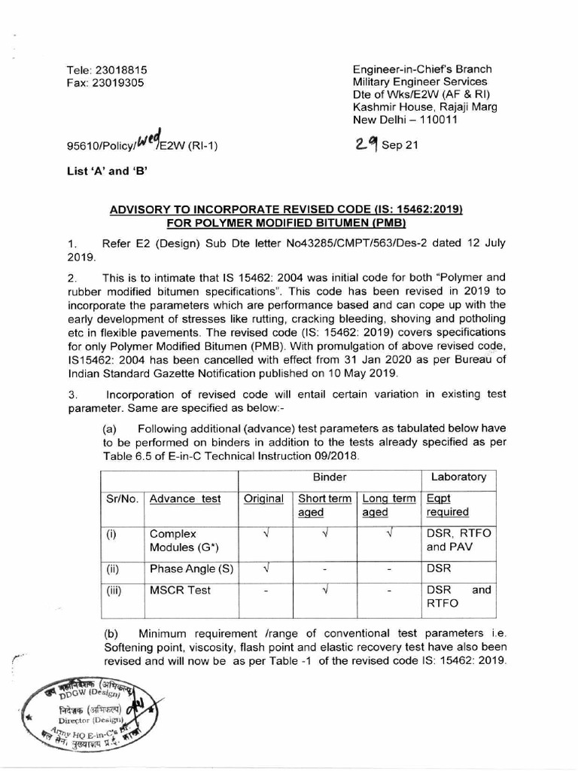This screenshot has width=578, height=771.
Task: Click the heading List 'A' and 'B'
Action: coord(107,170)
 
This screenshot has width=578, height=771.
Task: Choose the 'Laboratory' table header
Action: coord(458,477)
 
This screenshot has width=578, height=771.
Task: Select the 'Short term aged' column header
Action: coord(324,505)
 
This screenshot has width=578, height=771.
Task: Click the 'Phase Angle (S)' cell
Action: coord(187,568)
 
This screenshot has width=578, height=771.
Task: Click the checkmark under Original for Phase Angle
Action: coord(265,568)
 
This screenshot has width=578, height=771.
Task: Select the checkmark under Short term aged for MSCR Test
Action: coord(324,591)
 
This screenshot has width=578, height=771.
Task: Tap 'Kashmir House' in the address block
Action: coord(393,107)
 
